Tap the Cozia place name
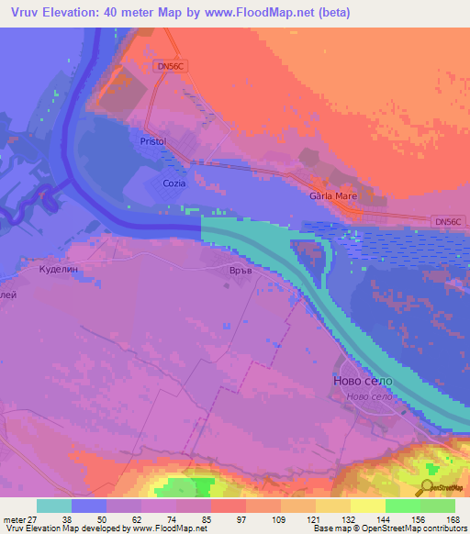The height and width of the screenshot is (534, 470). [x=174, y=184]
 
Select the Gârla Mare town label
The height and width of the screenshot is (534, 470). [x=332, y=196]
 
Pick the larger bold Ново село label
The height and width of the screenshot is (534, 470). [x=362, y=381]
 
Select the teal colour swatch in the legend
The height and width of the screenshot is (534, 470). [x=54, y=506]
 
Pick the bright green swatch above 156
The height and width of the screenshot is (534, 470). [x=403, y=506]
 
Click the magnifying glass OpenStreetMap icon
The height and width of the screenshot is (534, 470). [x=427, y=488]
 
